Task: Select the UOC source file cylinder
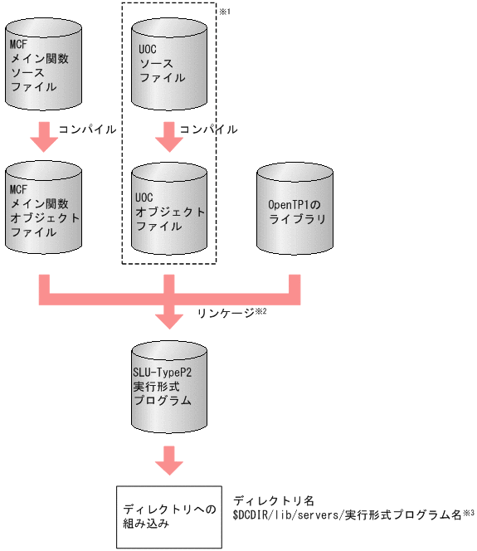pos(169,65)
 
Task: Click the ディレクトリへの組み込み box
pos(169,516)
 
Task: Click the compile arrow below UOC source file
pos(169,134)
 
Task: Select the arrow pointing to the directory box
pos(169,461)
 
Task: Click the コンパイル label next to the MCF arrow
pos(86,129)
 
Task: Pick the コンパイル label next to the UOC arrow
pos(209,129)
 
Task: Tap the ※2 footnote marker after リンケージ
pos(259,310)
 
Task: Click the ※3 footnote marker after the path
pos(469,513)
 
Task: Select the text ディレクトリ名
pos(274,500)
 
